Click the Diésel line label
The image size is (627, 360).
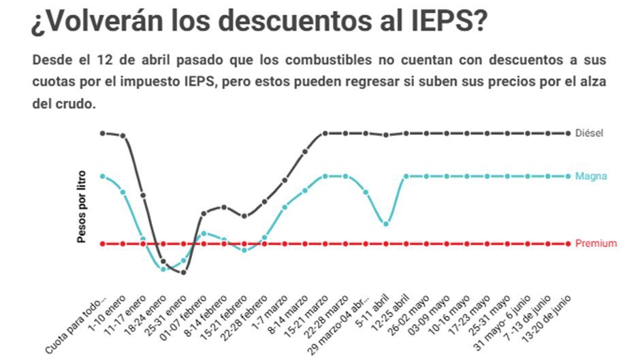(x=590, y=133)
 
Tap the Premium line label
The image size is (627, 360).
(x=596, y=244)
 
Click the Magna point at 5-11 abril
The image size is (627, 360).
(x=386, y=223)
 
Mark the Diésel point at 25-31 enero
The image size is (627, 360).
(x=183, y=272)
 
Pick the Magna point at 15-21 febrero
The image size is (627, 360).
(x=244, y=250)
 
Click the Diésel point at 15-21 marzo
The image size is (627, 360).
(x=325, y=133)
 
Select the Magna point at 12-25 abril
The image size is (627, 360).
(x=406, y=176)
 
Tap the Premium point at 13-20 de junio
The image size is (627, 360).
(x=568, y=244)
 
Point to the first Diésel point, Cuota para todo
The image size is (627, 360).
(x=102, y=133)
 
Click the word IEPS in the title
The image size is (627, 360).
(x=443, y=22)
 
